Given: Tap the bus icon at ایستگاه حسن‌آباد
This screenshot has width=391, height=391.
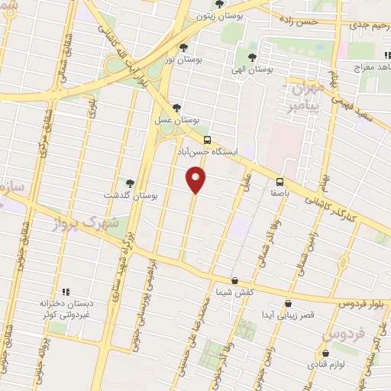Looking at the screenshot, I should [207, 140].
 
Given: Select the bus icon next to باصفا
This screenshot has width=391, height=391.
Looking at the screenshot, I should [280, 182].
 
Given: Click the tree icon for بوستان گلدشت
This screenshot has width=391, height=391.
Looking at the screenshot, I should [129, 183].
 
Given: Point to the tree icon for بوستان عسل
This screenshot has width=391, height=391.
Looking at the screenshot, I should [177, 108].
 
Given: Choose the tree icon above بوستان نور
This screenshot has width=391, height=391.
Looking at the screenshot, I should [183, 47].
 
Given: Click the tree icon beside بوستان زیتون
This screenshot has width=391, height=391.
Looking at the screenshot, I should [219, 4].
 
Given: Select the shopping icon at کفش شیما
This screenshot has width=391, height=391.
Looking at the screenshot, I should [234, 280].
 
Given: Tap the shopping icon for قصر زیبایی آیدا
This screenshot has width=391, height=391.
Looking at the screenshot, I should [287, 303].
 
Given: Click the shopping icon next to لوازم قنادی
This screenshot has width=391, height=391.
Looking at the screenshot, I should [326, 354].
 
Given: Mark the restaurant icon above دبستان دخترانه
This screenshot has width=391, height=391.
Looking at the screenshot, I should [65, 292].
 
